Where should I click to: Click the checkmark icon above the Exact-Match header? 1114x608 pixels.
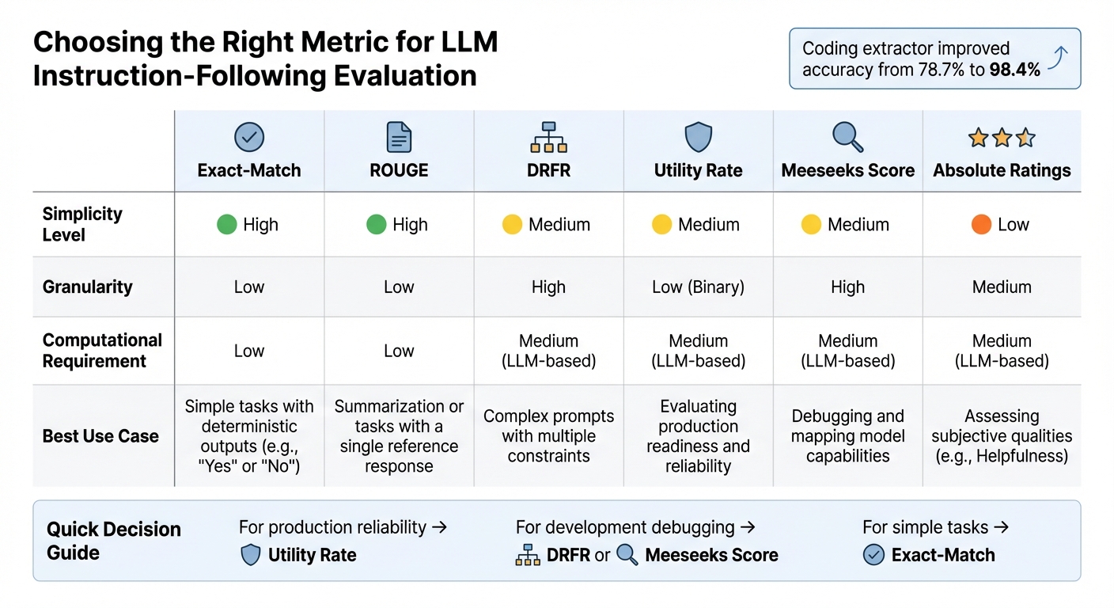pos(249,138)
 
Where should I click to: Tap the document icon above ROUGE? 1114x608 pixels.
pos(399,138)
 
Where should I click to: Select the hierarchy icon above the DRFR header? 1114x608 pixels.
pos(548,138)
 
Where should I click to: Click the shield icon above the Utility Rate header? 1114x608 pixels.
pos(698,138)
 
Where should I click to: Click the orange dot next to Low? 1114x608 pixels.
pos(981,225)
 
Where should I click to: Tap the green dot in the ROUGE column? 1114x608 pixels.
pos(377,225)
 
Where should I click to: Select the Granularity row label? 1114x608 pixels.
pos(87,287)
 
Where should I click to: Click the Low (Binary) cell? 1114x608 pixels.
pos(698,287)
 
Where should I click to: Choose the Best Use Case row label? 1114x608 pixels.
pos(100,436)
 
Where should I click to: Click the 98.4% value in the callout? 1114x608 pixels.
pos(1015,70)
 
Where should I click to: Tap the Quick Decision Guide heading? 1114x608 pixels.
pos(113,541)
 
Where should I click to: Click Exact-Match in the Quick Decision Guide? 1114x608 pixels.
pos(942,555)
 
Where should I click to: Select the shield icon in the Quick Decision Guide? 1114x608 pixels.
pos(250,555)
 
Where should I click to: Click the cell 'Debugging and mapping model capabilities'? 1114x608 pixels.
pos(847,436)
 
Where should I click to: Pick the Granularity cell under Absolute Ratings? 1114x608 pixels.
pos(1001,287)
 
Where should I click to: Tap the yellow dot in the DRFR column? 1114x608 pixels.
pos(512,225)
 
